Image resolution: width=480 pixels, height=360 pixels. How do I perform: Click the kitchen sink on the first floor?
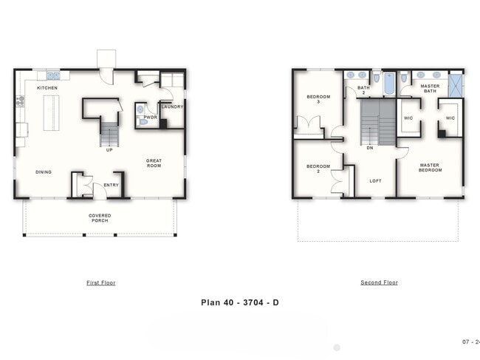(53, 75)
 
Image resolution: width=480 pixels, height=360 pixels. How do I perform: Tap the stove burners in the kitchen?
(20, 102)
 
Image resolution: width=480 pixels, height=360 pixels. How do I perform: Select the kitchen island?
(51, 113)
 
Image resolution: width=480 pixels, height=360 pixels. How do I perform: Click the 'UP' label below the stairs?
(109, 150)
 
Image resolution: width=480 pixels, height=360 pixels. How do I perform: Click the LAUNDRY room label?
(172, 106)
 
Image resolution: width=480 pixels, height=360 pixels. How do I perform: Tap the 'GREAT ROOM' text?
(154, 163)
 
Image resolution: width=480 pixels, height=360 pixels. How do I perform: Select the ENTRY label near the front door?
(111, 185)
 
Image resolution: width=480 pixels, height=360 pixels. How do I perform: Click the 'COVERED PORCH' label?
(100, 218)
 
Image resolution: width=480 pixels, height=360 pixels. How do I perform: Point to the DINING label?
(44, 172)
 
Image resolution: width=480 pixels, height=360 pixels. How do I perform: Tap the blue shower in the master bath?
(455, 84)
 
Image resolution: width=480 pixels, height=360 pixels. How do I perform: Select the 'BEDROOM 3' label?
(318, 99)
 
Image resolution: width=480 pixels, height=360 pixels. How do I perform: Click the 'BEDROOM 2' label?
(318, 169)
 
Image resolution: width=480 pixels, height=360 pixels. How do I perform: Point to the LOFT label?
(375, 180)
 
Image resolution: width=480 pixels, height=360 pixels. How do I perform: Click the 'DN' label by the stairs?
(369, 148)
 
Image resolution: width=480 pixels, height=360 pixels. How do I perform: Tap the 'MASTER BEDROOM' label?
(431, 168)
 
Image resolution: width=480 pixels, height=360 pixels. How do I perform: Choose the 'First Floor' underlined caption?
(100, 282)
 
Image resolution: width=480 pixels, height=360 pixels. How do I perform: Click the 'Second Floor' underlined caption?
(379, 282)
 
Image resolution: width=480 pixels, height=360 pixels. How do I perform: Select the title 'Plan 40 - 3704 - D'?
(239, 302)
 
